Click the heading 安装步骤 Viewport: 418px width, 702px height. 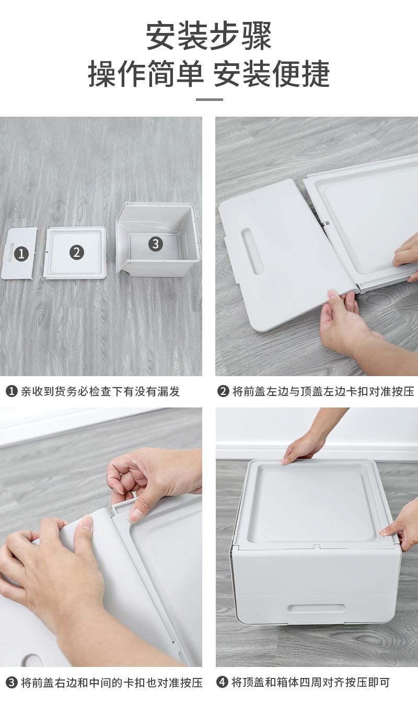click(209, 36)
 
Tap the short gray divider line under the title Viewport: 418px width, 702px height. click(209, 99)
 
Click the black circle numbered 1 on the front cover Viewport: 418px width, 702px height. click(21, 254)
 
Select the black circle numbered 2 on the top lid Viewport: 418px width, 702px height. click(77, 252)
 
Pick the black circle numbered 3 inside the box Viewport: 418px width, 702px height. click(155, 243)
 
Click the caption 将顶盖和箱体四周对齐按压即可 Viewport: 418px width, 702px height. click(310, 682)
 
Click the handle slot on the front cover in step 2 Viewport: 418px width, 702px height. click(252, 251)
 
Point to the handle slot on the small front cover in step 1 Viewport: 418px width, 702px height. click(9, 254)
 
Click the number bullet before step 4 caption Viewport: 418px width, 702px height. click(223, 682)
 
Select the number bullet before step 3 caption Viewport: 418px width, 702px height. click(12, 683)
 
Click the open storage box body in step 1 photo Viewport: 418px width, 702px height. click(158, 241)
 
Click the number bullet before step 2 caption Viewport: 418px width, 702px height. click(223, 391)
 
